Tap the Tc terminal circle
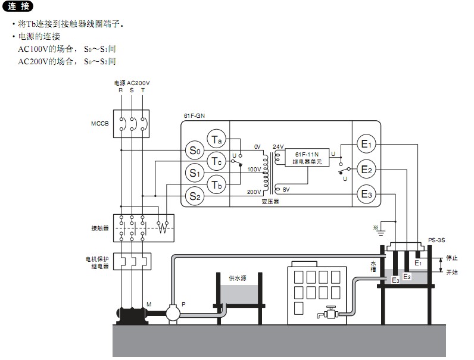(x=217, y=161)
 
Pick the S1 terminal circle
(x=195, y=173)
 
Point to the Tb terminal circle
(x=217, y=184)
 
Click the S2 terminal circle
(x=195, y=195)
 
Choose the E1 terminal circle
(x=366, y=144)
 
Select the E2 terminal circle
(x=366, y=170)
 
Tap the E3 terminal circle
(x=366, y=194)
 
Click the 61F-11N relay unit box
(x=307, y=158)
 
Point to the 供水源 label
(x=238, y=278)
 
